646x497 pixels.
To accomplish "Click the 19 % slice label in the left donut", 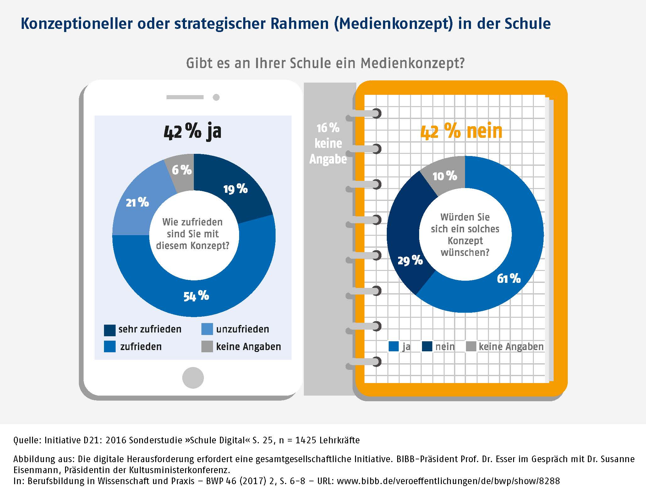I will tap(235, 189).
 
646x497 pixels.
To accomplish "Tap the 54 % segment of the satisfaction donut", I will tap(196, 296).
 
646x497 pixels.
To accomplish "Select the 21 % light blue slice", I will tap(137, 203).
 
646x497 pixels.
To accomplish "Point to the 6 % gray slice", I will tap(182, 170).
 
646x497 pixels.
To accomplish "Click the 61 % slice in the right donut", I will tap(509, 278).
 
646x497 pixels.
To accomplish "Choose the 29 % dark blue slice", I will tap(410, 260).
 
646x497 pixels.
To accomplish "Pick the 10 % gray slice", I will tap(445, 176).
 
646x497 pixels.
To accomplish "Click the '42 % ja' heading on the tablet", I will tap(193, 131).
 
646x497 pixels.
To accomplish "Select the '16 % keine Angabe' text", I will tap(328, 143).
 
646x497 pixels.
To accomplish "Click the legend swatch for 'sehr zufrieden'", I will tap(110, 330).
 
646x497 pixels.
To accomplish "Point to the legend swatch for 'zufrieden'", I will tap(110, 347).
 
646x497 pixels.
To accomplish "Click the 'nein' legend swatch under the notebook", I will tap(427, 347).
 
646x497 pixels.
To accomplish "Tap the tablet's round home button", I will tap(193, 378).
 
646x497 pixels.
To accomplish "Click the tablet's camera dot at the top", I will tap(216, 97).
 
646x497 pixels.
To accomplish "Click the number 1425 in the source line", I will tap(306, 440).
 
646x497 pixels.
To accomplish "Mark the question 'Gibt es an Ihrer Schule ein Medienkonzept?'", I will tap(325, 63).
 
